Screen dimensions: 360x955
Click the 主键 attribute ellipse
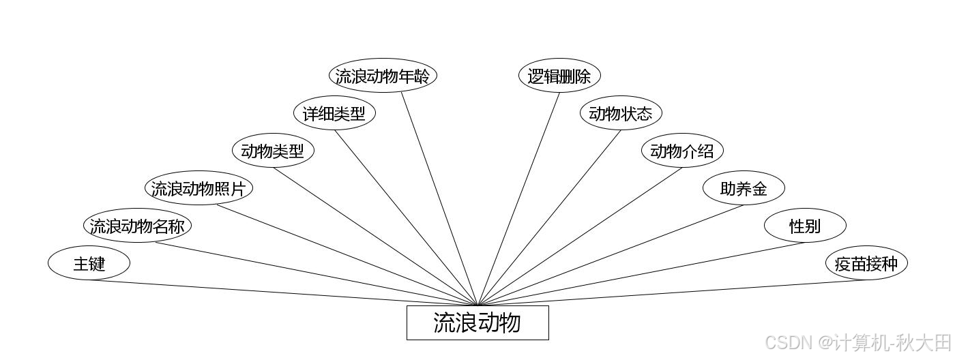(89, 263)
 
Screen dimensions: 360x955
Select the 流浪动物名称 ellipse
(137, 226)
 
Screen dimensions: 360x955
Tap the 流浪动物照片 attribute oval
(199, 188)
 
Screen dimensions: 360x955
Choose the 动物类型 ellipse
(273, 151)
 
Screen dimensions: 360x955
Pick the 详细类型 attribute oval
(334, 113)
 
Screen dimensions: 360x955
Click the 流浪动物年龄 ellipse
(382, 76)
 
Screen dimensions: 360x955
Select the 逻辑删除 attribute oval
(559, 76)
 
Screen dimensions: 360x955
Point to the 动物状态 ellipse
(621, 113)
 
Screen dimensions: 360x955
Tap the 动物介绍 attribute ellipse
(682, 151)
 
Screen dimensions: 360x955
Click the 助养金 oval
(744, 188)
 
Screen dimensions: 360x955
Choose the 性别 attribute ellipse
(805, 226)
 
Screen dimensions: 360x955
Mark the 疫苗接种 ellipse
(866, 263)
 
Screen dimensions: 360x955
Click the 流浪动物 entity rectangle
(477, 322)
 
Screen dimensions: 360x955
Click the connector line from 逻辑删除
(518, 198)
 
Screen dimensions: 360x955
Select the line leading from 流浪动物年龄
(439, 198)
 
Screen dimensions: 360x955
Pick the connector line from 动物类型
(375, 237)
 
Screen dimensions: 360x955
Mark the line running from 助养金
(611, 255)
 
